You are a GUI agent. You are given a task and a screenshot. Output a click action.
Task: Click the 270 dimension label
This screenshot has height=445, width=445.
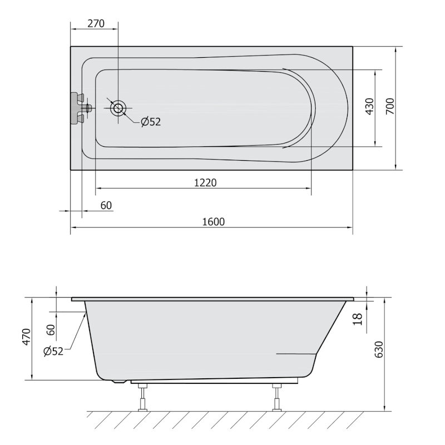[96, 23]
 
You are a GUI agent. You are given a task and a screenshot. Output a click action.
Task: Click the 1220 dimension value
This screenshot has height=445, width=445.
[205, 182]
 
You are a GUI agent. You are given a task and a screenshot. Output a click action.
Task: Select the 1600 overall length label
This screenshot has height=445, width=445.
[214, 221]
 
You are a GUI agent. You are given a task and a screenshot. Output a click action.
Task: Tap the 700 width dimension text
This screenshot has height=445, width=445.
[390, 106]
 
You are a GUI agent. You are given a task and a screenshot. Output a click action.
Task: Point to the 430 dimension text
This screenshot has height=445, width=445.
[369, 106]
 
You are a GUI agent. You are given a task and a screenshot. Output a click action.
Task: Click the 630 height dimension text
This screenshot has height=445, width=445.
[379, 349]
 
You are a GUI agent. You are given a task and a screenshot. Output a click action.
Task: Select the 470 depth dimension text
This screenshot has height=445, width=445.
[26, 337]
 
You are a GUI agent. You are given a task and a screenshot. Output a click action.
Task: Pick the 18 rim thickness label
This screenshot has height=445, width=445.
[358, 319]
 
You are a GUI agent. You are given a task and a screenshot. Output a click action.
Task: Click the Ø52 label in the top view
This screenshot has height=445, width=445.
[151, 122]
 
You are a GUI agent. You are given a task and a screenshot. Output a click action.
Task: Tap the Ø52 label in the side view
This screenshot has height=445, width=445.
[53, 352]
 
